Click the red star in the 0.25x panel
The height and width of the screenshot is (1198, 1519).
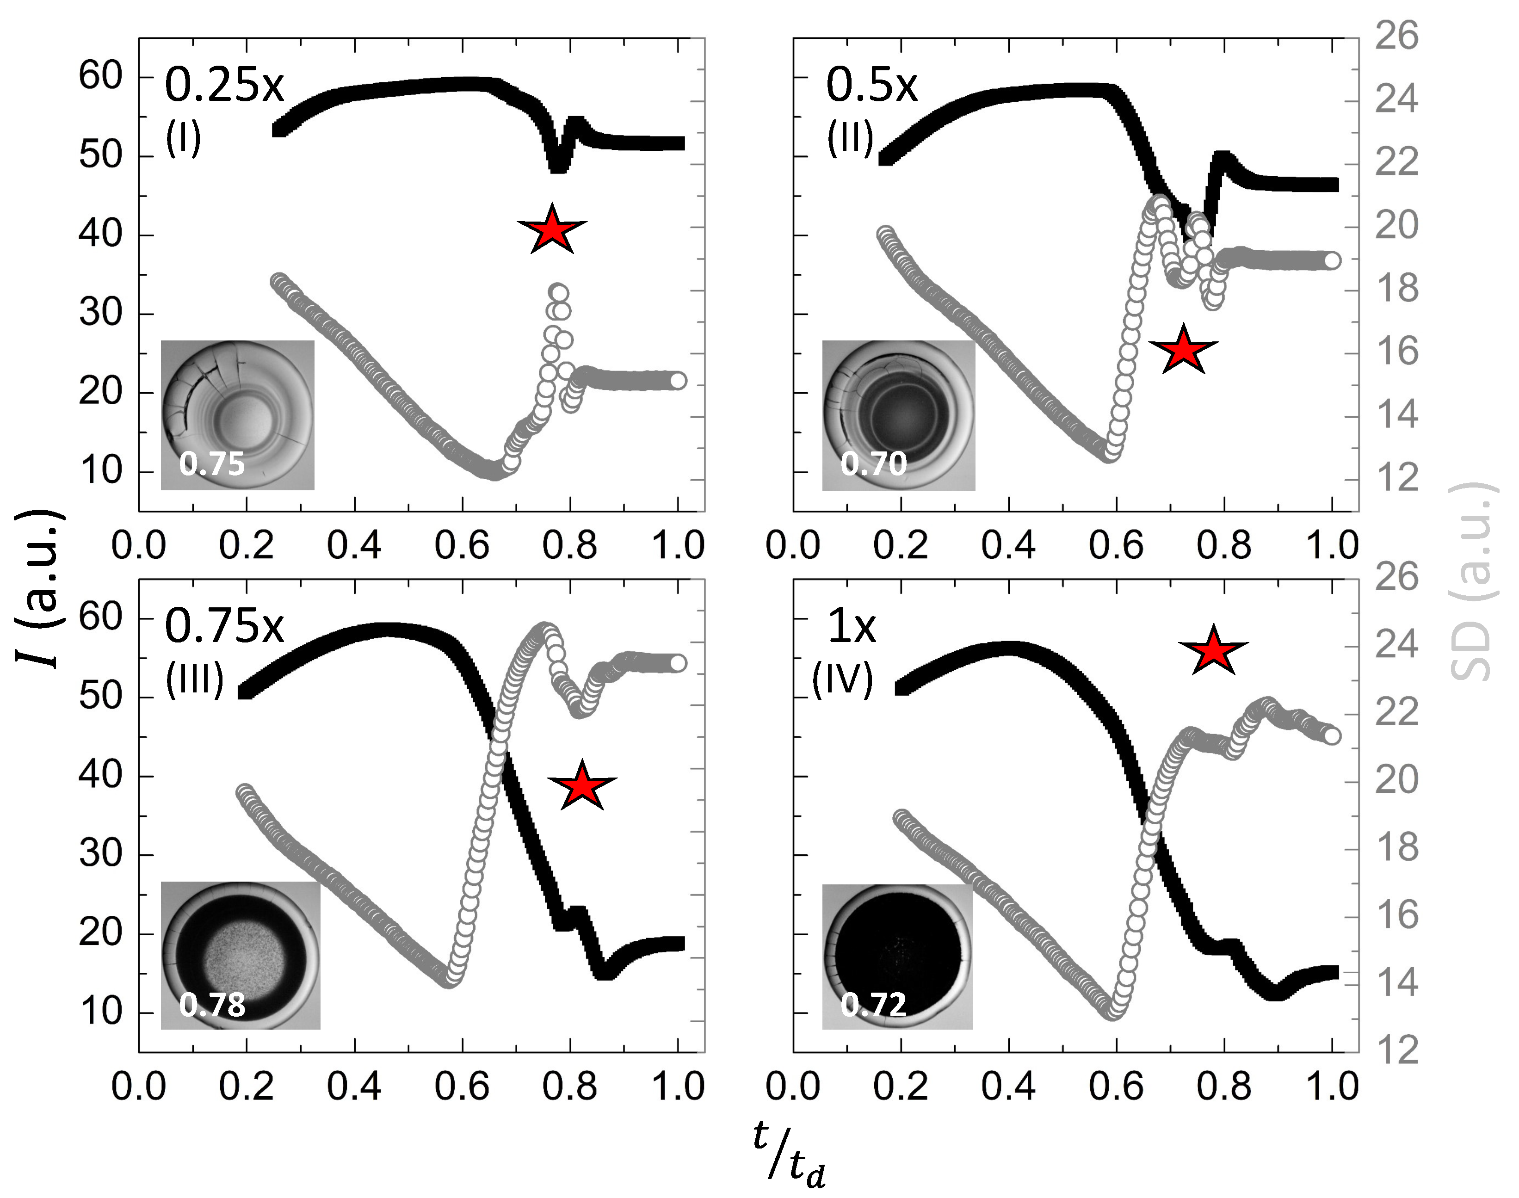pos(552,229)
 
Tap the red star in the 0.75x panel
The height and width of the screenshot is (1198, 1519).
pos(582,785)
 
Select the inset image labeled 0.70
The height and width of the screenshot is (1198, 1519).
pos(898,415)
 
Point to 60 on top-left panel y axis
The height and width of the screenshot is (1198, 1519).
pos(100,76)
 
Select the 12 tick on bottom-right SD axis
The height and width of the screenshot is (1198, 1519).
pos(1396,1050)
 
